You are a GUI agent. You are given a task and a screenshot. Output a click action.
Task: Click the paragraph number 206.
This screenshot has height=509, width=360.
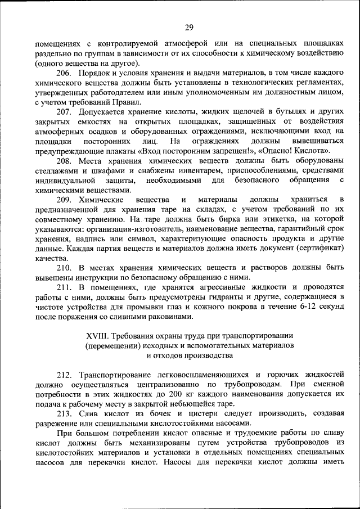click(64, 73)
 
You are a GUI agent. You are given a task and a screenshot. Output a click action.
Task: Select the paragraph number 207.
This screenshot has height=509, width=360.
click(64, 112)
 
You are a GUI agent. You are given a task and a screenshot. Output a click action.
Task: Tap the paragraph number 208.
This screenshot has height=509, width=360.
click(64, 161)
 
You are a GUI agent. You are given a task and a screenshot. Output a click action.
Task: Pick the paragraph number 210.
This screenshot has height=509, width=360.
click(64, 267)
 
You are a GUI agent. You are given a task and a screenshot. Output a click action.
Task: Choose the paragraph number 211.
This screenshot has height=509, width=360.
click(64, 287)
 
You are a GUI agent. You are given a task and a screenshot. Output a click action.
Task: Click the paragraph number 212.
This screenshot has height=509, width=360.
click(64, 375)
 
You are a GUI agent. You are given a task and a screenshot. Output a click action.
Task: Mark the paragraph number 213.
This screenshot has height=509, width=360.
click(64, 414)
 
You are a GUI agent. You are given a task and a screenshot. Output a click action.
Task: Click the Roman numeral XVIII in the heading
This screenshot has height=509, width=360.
click(97, 336)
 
